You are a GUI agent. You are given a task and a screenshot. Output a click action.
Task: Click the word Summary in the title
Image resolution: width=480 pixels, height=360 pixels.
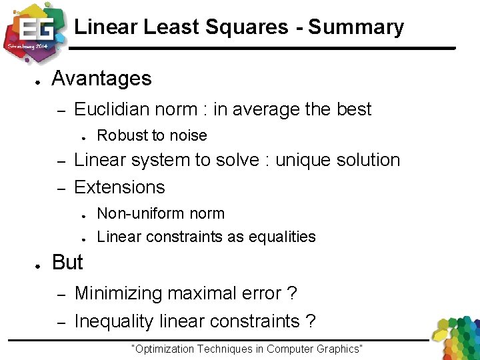click(356, 27)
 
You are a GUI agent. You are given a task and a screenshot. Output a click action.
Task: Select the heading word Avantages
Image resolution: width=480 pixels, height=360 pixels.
click(101, 79)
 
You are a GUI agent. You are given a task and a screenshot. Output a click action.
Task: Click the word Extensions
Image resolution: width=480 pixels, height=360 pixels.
click(119, 187)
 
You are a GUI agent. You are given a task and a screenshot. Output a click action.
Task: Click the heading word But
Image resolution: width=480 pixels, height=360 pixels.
click(67, 263)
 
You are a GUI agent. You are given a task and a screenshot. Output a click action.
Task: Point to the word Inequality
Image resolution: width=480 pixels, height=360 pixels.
click(114, 321)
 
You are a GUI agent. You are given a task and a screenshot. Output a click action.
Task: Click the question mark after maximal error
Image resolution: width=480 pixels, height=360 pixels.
click(291, 293)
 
